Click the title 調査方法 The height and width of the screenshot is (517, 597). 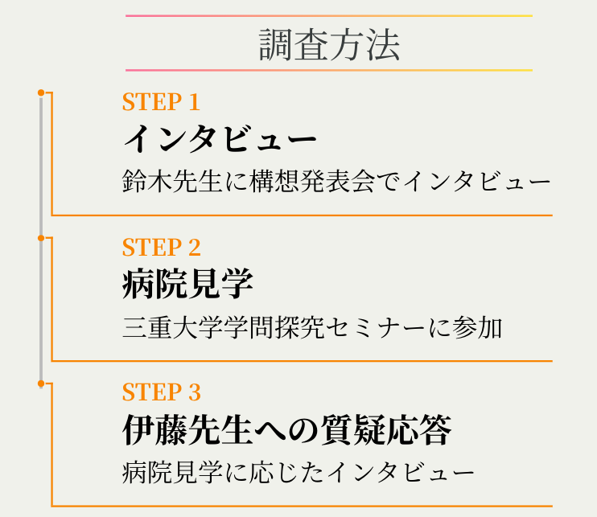tap(329, 46)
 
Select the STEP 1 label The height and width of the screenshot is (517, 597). tap(160, 102)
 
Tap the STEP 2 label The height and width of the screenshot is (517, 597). tap(161, 247)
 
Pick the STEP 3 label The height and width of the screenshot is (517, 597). tap(161, 392)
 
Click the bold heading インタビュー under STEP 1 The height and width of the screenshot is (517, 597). tap(219, 138)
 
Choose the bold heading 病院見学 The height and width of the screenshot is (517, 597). tap(187, 283)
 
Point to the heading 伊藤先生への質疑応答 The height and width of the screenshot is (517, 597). tap(286, 430)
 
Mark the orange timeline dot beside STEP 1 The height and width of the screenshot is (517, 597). tap(41, 93)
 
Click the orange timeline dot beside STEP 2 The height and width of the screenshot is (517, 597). tap(41, 238)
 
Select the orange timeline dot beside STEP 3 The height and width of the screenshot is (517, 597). tap(41, 384)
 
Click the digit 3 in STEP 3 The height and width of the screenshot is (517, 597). tap(194, 392)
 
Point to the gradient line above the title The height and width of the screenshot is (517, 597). tap(329, 15)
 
